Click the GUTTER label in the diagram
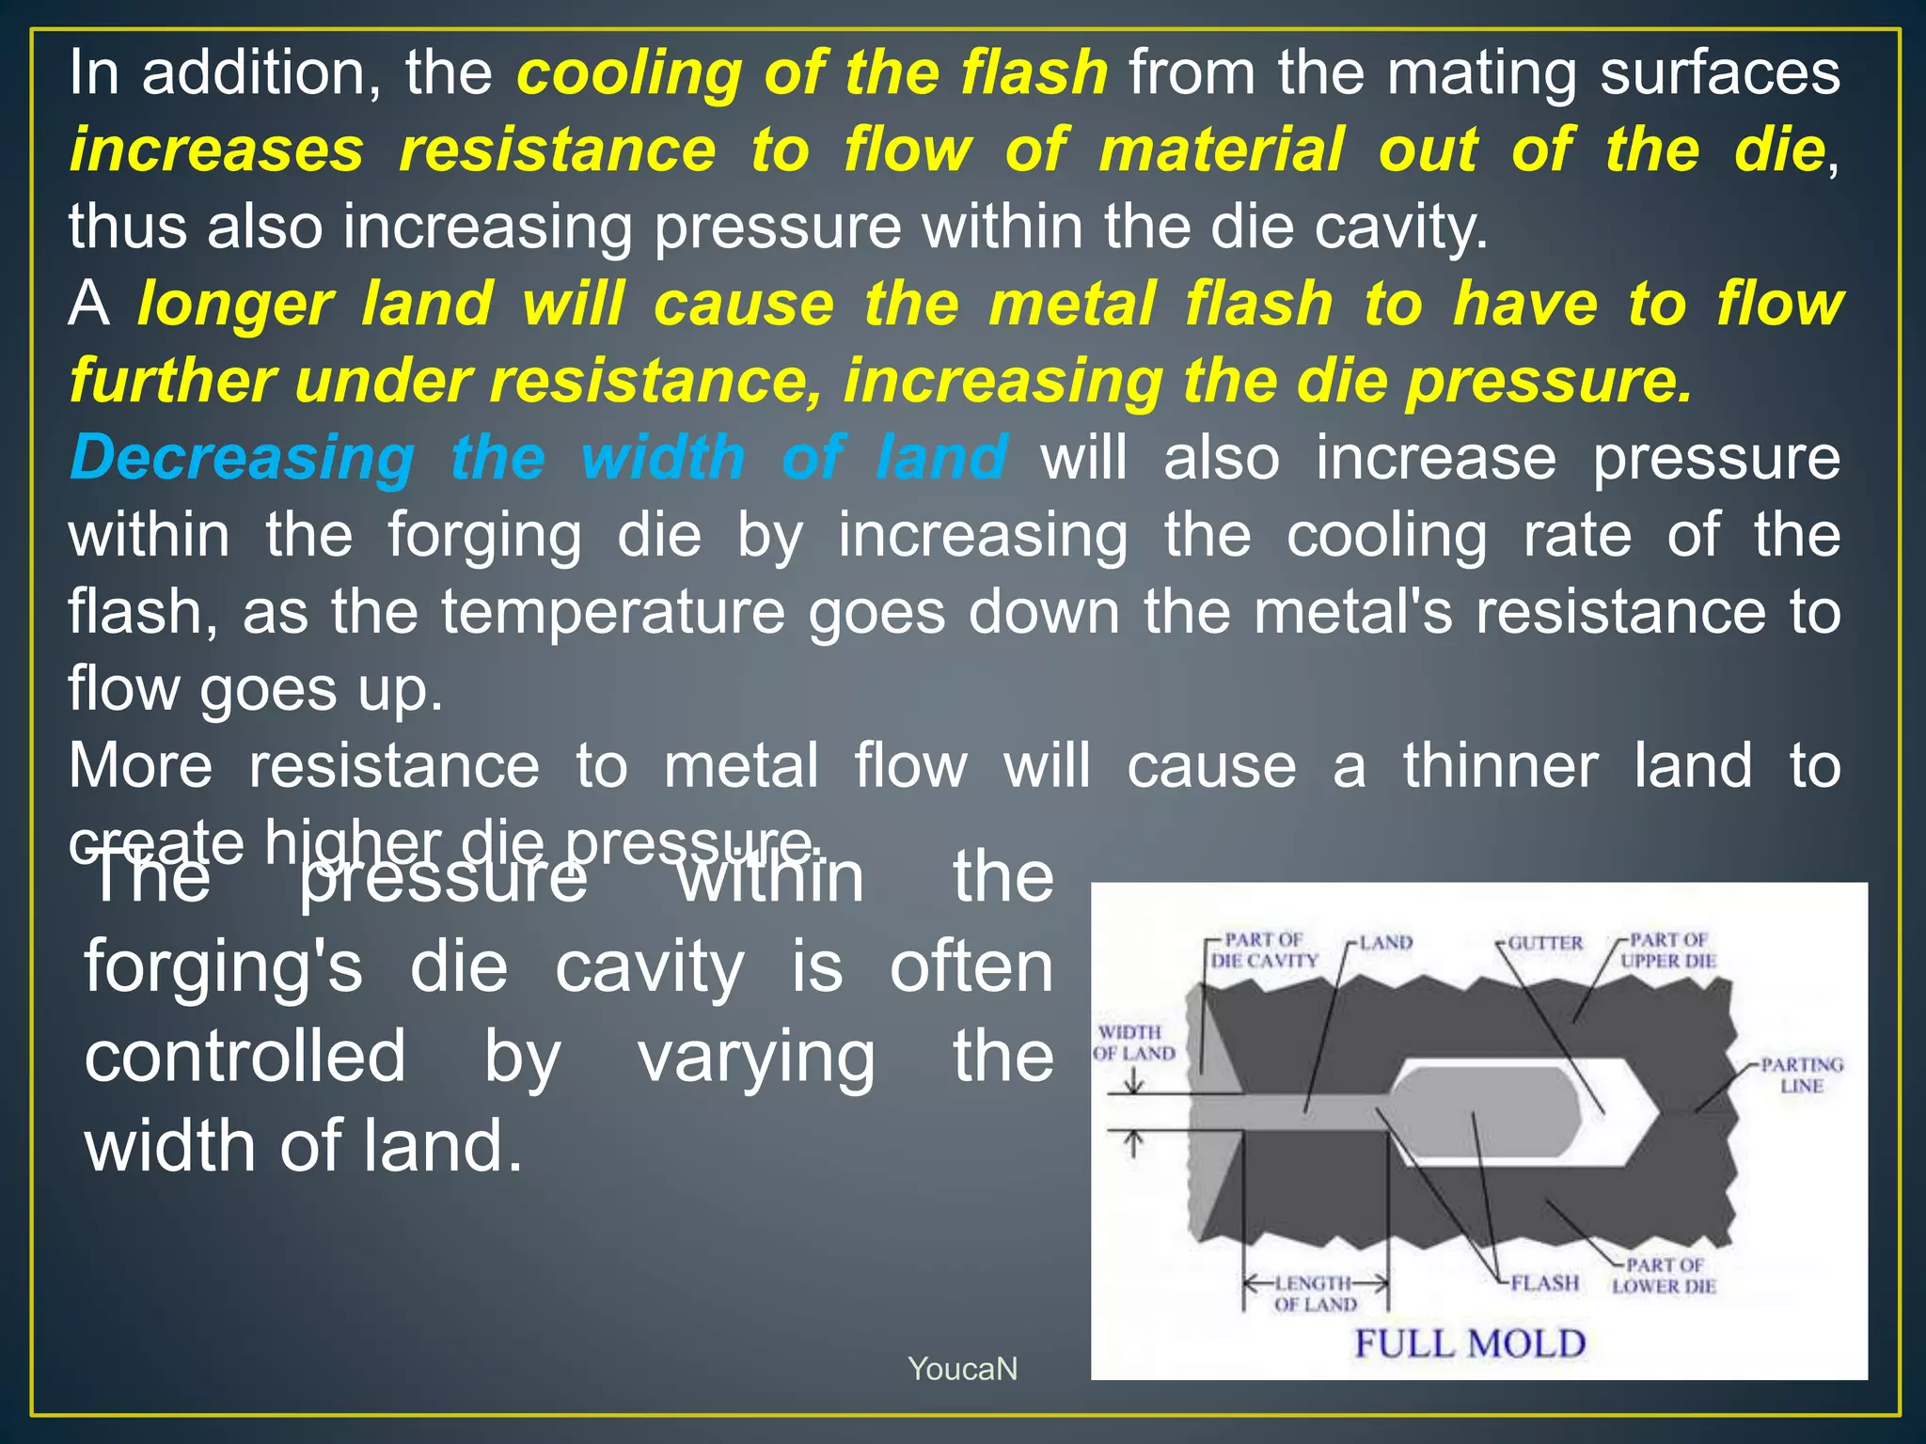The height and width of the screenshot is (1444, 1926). (x=1545, y=943)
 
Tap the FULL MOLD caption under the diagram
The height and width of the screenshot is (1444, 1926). (x=1470, y=1343)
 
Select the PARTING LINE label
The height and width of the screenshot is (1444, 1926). (x=1801, y=1075)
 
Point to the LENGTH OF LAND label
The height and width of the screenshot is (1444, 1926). (x=1315, y=1294)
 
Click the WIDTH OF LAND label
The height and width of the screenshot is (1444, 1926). (x=1133, y=1043)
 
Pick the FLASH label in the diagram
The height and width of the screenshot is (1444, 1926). (x=1544, y=1283)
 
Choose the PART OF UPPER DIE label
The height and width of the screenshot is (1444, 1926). (x=1667, y=950)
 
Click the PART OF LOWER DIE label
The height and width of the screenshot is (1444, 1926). (x=1664, y=1276)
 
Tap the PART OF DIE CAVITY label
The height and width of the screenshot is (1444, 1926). (x=1264, y=950)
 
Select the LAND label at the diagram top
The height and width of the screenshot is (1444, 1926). (x=1385, y=943)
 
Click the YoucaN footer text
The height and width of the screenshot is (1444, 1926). (x=962, y=1369)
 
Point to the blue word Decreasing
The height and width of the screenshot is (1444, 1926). (x=242, y=458)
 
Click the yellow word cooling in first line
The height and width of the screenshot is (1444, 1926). (x=628, y=73)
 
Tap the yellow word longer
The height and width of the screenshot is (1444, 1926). (x=235, y=305)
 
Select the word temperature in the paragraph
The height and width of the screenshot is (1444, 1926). (x=613, y=612)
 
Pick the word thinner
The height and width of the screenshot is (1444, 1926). (x=1500, y=766)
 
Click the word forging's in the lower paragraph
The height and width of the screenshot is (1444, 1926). (x=223, y=968)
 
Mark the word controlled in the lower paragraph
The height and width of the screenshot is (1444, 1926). (x=245, y=1057)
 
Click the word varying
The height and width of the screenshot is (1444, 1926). (x=756, y=1057)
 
